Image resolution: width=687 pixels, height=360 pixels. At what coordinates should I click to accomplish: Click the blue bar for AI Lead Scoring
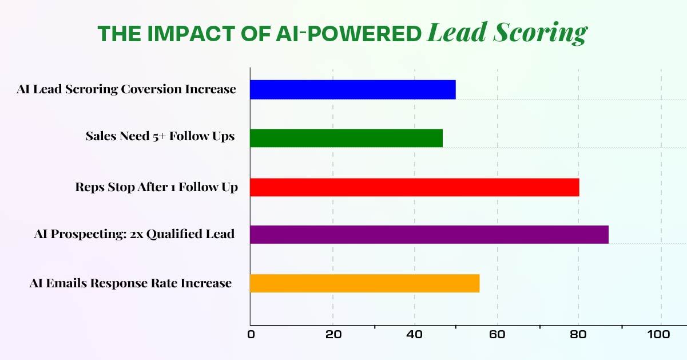pyautogui.click(x=352, y=90)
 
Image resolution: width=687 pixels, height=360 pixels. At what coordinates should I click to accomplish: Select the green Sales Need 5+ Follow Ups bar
pyautogui.click(x=346, y=138)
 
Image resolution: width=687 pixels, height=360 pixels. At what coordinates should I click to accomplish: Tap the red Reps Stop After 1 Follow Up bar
pyautogui.click(x=414, y=187)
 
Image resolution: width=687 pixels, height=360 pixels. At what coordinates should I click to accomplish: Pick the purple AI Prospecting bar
pyautogui.click(x=429, y=235)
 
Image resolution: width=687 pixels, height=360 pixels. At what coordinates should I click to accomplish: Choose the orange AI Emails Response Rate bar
pyautogui.click(x=364, y=283)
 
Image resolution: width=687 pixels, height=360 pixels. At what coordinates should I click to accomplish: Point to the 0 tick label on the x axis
pyautogui.click(x=251, y=335)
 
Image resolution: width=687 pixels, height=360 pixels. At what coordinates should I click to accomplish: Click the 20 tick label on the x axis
pyautogui.click(x=333, y=335)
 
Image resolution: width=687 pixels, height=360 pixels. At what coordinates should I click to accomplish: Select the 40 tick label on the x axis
pyautogui.click(x=415, y=335)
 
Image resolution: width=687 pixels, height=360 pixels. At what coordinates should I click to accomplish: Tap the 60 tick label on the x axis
pyautogui.click(x=497, y=335)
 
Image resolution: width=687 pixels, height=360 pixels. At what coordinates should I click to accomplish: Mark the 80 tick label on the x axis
pyautogui.click(x=578, y=335)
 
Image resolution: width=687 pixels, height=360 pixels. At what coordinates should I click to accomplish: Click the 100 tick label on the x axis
pyautogui.click(x=661, y=335)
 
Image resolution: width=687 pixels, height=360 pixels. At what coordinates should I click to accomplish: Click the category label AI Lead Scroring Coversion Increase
pyautogui.click(x=126, y=89)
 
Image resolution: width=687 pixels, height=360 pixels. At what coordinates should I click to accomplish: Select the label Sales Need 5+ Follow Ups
pyautogui.click(x=160, y=136)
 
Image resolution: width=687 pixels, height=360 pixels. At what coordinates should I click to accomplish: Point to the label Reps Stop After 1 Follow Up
pyautogui.click(x=156, y=187)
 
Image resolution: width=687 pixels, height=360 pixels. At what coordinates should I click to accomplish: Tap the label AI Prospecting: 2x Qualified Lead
pyautogui.click(x=134, y=234)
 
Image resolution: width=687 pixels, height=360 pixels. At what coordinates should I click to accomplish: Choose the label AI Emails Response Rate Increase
pyautogui.click(x=130, y=283)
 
